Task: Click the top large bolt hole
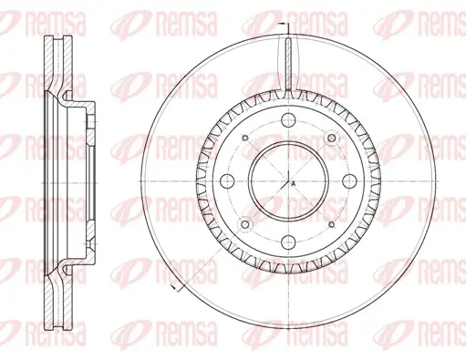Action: [288, 120]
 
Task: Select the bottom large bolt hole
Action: [288, 242]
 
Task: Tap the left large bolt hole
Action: [227, 181]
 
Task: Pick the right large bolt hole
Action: [349, 181]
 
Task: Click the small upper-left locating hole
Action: [245, 138]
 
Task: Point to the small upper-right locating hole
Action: [332, 139]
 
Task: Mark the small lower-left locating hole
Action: [245, 224]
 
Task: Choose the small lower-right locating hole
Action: [332, 224]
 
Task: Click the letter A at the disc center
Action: [294, 183]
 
